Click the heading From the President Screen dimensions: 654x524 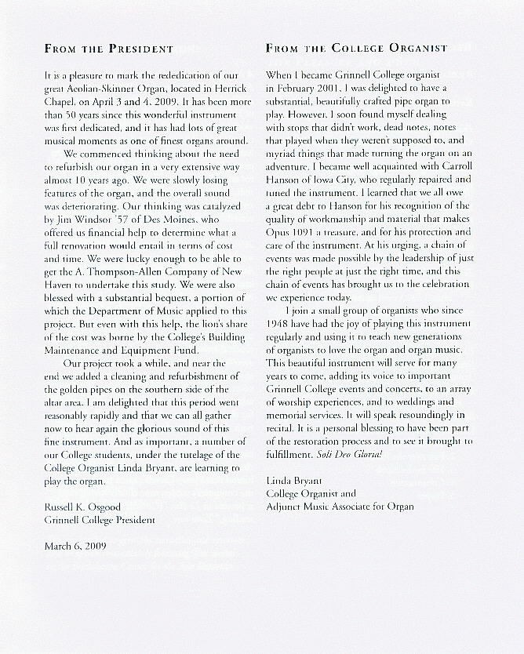click(108, 49)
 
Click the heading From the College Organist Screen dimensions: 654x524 click(356, 49)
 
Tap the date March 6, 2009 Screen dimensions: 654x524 click(75, 543)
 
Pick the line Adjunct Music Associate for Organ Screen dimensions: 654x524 click(340, 507)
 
